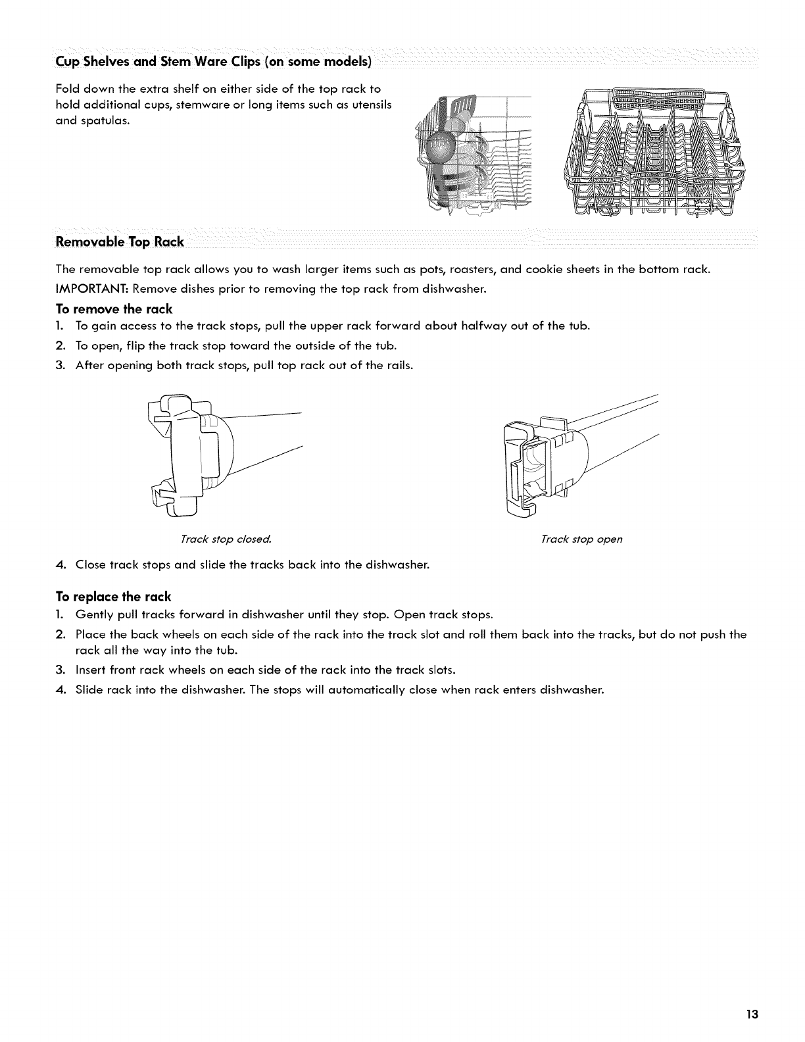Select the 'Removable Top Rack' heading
120,241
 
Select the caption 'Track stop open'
581,539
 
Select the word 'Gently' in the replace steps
93,616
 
